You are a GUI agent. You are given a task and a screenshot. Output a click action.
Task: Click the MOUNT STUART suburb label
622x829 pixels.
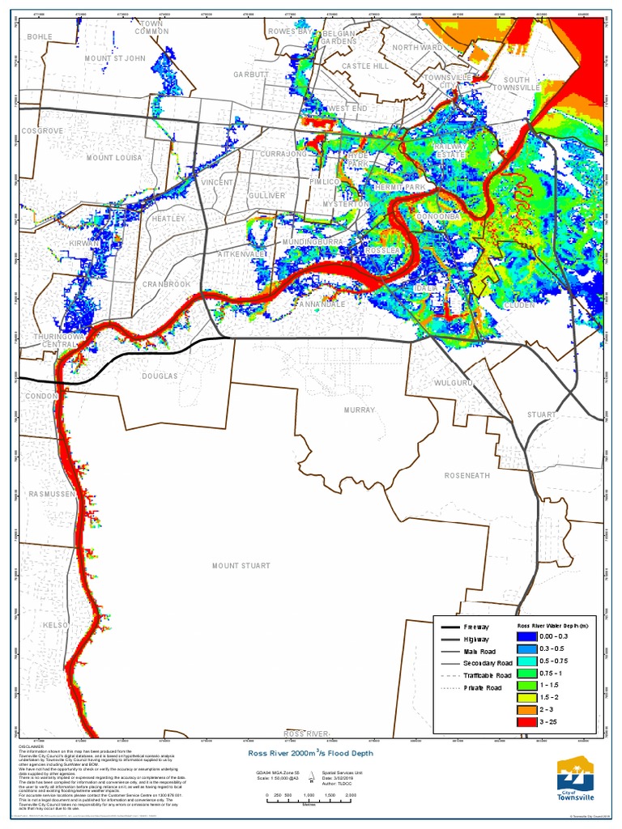[241, 565]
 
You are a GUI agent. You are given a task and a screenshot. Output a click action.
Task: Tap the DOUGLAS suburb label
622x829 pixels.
[159, 376]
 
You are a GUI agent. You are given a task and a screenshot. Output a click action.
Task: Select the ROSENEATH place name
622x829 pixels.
[466, 475]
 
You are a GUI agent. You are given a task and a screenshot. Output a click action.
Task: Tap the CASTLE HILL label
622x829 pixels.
[365, 66]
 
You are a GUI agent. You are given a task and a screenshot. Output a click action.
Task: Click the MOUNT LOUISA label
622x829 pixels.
[114, 158]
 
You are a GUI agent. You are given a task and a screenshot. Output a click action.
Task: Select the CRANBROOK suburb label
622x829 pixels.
[166, 284]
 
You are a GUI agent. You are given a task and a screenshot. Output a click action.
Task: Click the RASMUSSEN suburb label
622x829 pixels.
[52, 493]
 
